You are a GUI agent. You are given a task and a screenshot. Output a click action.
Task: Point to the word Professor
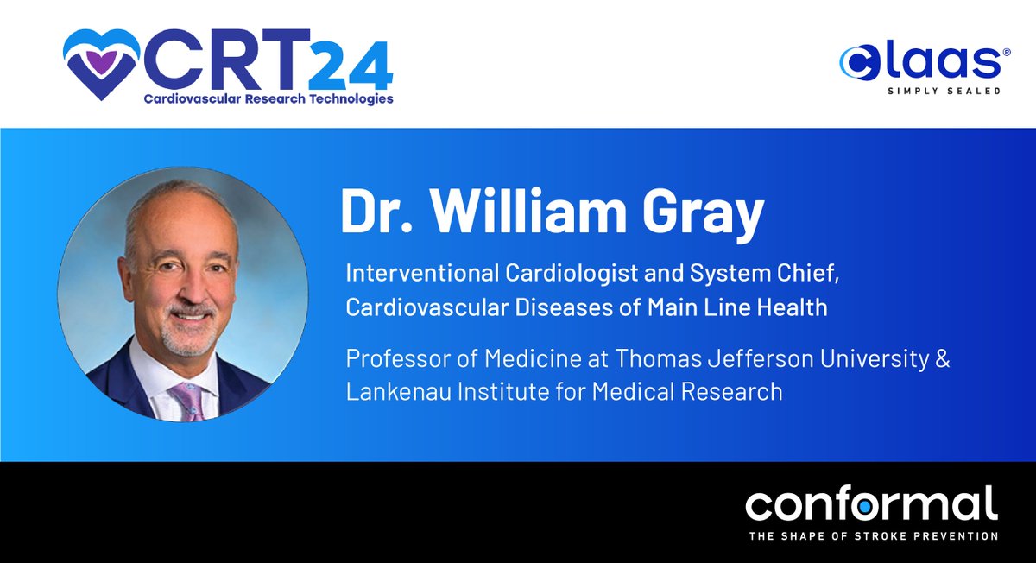tap(388, 359)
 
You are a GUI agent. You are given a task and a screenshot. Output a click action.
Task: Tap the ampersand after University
tap(942, 359)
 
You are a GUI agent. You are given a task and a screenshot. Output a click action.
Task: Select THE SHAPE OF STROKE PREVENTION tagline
tap(873, 536)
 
